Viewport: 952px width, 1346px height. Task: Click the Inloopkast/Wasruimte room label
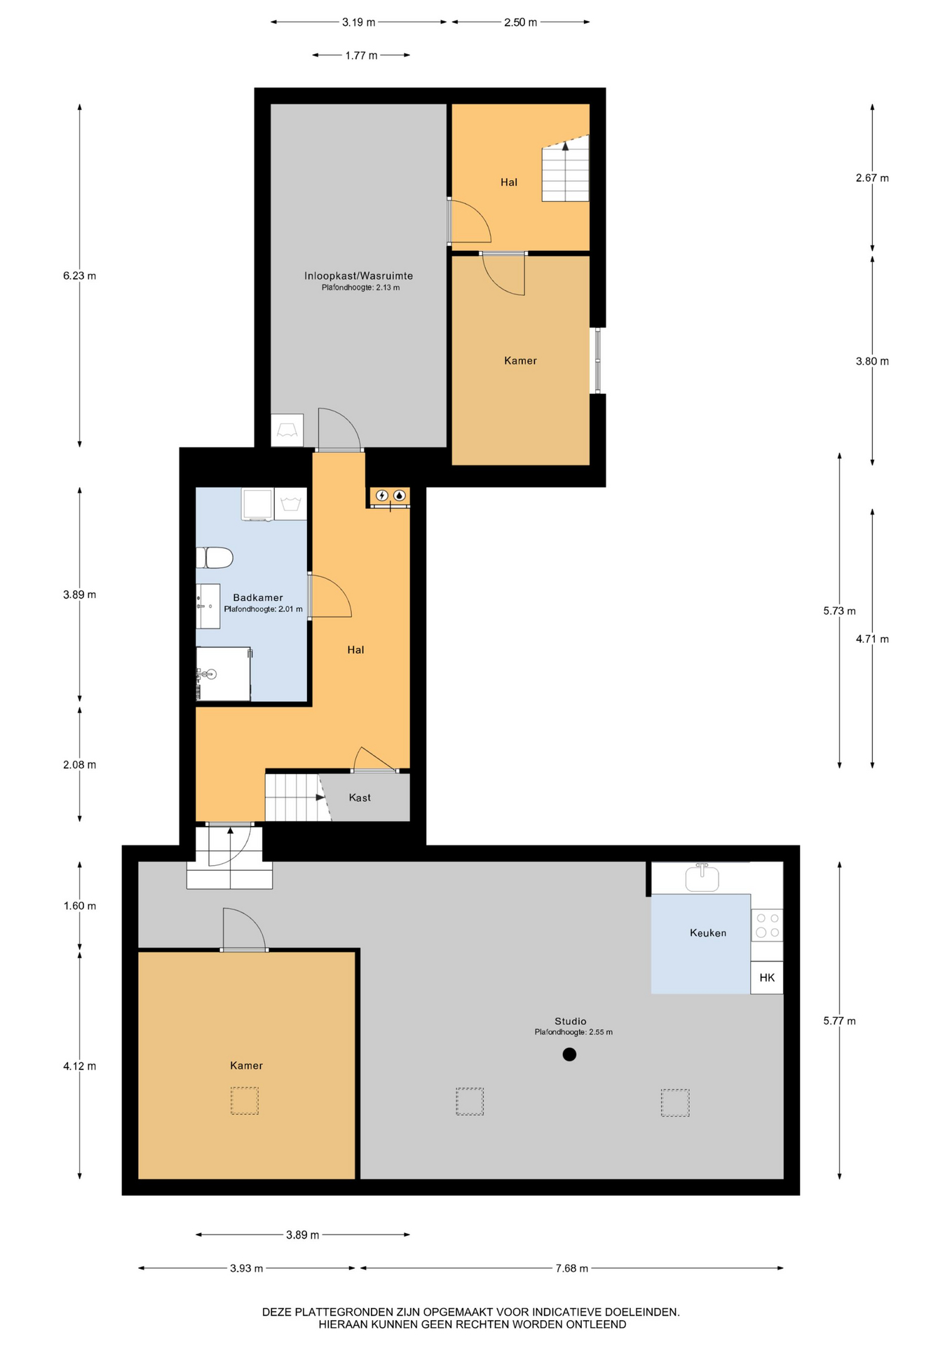coord(358,276)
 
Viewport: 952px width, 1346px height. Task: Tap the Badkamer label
coord(258,597)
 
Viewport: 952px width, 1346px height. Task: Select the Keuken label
coord(708,932)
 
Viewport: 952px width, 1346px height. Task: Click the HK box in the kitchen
coord(767,977)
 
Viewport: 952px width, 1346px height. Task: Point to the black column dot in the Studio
coord(569,1054)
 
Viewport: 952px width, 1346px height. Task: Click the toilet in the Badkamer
coord(215,558)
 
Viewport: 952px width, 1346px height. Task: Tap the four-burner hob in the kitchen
coord(767,925)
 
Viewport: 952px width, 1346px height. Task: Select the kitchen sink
coord(702,877)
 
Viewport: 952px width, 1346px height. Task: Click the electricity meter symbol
coord(382,495)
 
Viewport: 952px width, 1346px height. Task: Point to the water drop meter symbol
coord(400,495)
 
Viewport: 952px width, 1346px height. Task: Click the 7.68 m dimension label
coord(571,1268)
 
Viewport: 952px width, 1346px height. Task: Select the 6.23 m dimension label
coord(79,276)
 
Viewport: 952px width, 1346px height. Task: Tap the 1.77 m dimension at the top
coord(361,55)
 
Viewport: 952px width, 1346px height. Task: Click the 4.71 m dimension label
coord(872,639)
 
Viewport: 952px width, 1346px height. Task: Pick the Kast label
coord(360,797)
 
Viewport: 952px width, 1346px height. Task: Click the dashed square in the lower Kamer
coord(245,1101)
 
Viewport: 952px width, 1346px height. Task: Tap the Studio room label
coord(570,1021)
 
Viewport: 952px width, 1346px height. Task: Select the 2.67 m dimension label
coord(872,178)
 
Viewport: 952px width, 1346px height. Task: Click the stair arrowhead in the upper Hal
coord(566,146)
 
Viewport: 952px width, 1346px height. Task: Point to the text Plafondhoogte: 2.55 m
coord(573,1032)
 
